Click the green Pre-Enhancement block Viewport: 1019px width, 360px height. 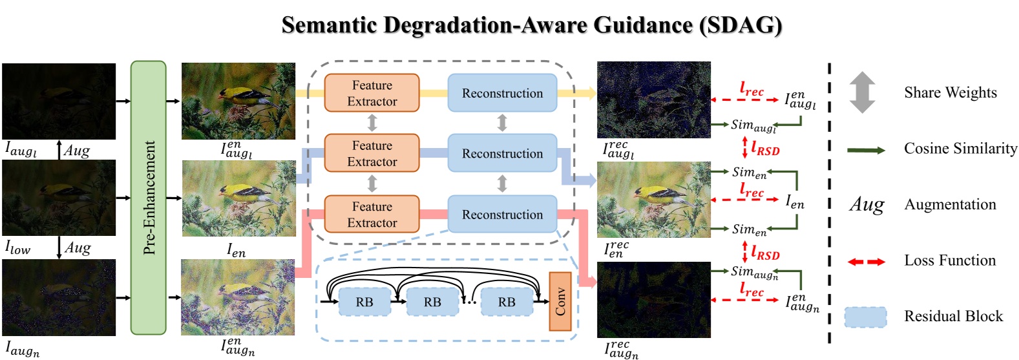(149, 198)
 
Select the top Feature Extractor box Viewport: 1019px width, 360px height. (372, 93)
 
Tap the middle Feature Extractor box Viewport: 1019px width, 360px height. (372, 154)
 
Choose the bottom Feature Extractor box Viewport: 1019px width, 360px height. (372, 215)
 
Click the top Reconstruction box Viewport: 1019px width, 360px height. (502, 93)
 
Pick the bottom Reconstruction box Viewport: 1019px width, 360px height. (502, 215)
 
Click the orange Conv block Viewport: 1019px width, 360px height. (560, 301)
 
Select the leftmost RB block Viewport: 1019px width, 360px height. (364, 302)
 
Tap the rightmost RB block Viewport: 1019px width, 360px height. (507, 302)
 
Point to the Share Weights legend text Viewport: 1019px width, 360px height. (950, 92)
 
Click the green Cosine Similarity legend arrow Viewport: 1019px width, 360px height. (866, 150)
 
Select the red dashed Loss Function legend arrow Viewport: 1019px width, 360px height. (866, 262)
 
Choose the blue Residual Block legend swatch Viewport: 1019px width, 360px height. (865, 317)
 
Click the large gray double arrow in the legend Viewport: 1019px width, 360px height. (862, 92)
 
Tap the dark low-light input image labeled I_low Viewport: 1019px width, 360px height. (59, 198)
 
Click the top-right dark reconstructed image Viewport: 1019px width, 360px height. (653, 100)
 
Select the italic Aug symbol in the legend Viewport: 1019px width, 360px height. (866, 205)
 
